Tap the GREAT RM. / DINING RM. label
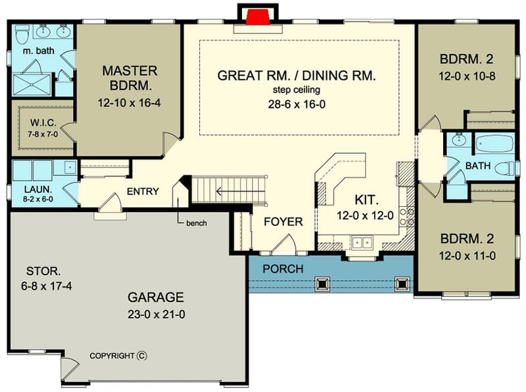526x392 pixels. point(297,76)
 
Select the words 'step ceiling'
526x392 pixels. point(297,90)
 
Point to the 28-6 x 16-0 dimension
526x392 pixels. point(297,104)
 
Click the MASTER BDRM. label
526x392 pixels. point(129,77)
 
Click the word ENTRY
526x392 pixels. point(143,191)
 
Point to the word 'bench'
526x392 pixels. point(197,223)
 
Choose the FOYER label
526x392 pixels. point(283,222)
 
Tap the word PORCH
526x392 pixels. point(283,269)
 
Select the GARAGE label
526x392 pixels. point(156,297)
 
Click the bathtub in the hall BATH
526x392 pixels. point(494,142)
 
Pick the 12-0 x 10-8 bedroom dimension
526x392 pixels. point(467,76)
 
